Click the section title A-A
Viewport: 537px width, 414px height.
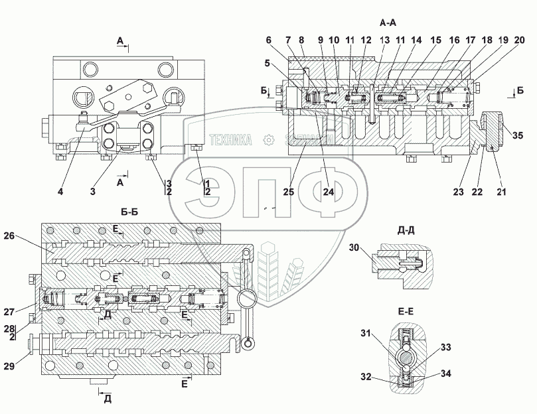(388, 23)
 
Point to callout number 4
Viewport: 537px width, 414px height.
(60, 193)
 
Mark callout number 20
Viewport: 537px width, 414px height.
(520, 39)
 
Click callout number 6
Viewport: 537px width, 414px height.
(269, 39)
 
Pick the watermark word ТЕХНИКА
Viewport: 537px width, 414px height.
(231, 140)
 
